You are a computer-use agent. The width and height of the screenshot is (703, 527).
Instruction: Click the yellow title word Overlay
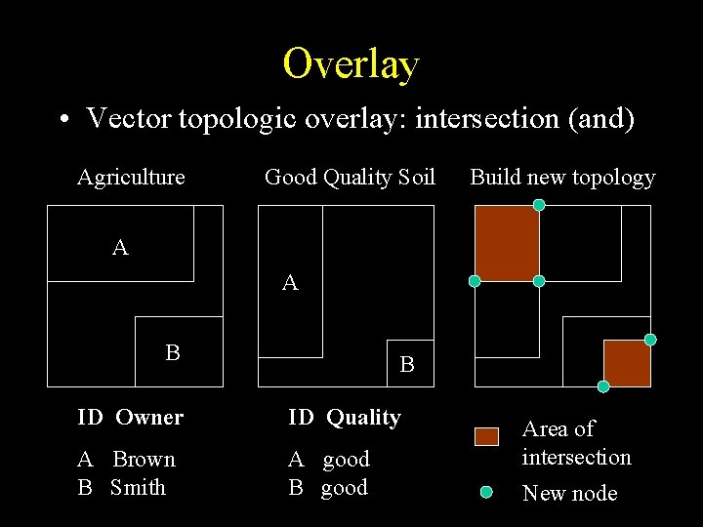click(351, 63)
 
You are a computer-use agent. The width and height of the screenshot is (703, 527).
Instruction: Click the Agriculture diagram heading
click(131, 177)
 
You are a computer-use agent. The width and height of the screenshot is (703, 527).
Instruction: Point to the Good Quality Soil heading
click(350, 177)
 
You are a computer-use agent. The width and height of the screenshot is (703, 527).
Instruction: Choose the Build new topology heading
click(562, 177)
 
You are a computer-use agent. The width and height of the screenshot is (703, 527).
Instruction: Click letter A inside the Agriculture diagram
click(120, 248)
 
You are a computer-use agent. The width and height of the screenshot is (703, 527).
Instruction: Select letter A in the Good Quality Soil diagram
click(290, 284)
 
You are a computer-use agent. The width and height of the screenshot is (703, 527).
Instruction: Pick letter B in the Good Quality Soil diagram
click(407, 365)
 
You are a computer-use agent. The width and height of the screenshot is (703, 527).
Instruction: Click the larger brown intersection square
click(507, 243)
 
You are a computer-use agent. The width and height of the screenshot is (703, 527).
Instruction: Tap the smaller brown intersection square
click(627, 363)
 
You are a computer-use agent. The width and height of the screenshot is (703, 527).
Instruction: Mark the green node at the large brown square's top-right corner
click(539, 205)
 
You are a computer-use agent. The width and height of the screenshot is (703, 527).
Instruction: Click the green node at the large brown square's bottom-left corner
click(475, 281)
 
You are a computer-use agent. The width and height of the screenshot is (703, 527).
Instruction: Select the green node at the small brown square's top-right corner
click(650, 340)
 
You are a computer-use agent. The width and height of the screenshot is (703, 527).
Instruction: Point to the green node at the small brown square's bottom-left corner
click(603, 386)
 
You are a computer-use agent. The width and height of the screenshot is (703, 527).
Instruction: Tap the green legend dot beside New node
click(486, 493)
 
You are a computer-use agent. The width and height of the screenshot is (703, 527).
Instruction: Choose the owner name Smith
click(139, 487)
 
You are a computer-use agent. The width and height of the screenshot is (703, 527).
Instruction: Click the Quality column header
click(363, 418)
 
